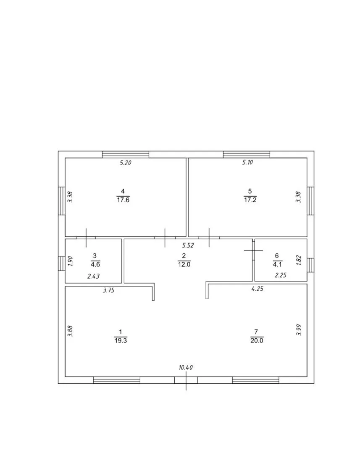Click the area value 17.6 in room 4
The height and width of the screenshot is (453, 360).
(x=123, y=200)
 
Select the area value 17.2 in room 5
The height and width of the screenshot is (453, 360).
(x=250, y=200)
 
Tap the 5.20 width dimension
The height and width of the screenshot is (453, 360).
(x=126, y=163)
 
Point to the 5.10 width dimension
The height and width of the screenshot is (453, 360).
(x=247, y=162)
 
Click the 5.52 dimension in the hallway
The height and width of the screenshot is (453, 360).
(x=188, y=245)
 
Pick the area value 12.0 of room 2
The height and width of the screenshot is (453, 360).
(x=184, y=264)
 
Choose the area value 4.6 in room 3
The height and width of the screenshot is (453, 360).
(x=95, y=264)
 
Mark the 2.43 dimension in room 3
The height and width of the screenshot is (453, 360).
(x=94, y=277)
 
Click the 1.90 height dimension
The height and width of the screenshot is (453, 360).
(x=70, y=261)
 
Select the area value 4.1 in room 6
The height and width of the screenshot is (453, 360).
(x=277, y=264)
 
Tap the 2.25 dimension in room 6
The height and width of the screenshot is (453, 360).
(x=281, y=275)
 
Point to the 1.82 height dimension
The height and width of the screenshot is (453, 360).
(x=299, y=260)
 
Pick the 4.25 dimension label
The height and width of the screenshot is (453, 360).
(x=257, y=289)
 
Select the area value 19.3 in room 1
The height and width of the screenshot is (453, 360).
(x=121, y=341)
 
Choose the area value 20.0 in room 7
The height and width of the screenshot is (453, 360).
(x=257, y=341)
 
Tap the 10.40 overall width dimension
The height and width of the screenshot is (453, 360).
(x=186, y=368)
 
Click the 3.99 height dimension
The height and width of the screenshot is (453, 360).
(x=299, y=330)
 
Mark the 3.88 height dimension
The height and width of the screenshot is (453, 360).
(x=70, y=332)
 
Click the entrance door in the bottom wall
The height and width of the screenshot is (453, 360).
(x=186, y=380)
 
